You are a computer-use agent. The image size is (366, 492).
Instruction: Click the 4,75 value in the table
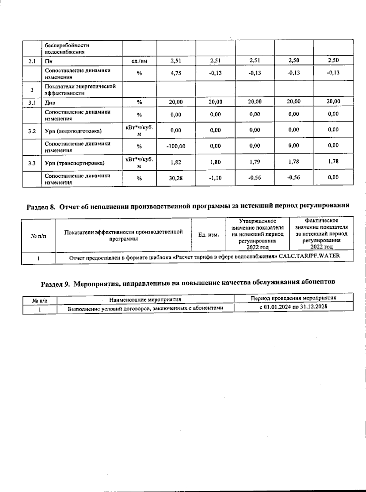point(176,73)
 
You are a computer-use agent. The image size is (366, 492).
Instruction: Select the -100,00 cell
point(176,146)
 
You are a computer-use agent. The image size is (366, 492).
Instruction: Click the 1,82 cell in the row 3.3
point(176,162)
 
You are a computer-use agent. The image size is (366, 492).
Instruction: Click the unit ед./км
point(139,61)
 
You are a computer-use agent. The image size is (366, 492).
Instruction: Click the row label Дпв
point(50,103)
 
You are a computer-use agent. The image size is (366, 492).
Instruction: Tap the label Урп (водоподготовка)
point(73,131)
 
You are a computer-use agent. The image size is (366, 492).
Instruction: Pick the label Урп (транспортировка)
point(75,163)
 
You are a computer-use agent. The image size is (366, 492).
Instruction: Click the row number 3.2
point(32,131)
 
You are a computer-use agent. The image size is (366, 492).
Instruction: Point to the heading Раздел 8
point(41,207)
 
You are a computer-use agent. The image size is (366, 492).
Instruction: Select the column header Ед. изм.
point(209,235)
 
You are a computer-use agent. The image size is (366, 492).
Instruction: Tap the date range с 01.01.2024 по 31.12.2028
point(293,307)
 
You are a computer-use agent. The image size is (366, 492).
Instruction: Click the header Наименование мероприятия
point(145,299)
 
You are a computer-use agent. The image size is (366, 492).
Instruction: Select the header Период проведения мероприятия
point(293,298)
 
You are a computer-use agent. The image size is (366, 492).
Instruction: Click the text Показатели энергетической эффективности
point(80,89)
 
